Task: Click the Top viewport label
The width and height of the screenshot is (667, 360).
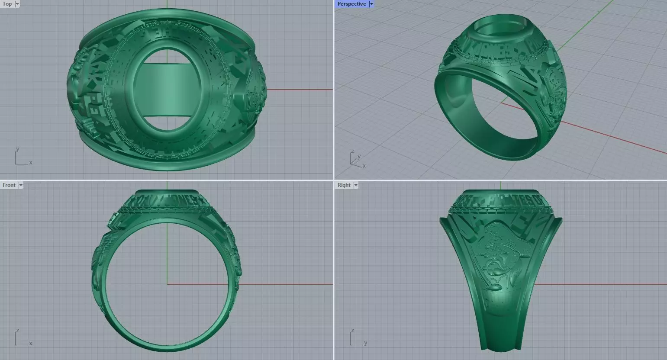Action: pyautogui.click(x=7, y=4)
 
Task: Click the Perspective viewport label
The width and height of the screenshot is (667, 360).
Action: pyautogui.click(x=351, y=4)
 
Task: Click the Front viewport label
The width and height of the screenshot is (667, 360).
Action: pyautogui.click(x=9, y=185)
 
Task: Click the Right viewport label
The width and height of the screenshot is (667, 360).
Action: pyautogui.click(x=344, y=185)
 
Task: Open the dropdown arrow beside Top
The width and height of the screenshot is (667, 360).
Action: pyautogui.click(x=17, y=4)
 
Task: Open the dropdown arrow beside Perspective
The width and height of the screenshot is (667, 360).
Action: pyautogui.click(x=371, y=4)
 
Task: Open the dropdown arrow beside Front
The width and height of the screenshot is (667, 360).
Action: pyautogui.click(x=21, y=185)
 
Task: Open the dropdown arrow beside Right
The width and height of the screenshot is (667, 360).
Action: pyautogui.click(x=356, y=185)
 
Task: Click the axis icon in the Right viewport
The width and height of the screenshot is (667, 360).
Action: pyautogui.click(x=358, y=338)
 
